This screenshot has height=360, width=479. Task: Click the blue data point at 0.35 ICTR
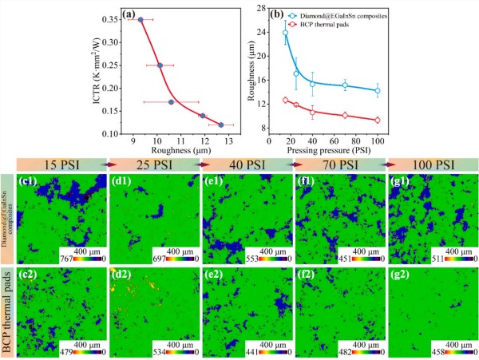141,20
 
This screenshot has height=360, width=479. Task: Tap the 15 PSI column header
61,164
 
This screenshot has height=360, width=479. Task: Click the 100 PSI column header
433,164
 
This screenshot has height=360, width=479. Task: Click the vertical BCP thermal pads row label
8,309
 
